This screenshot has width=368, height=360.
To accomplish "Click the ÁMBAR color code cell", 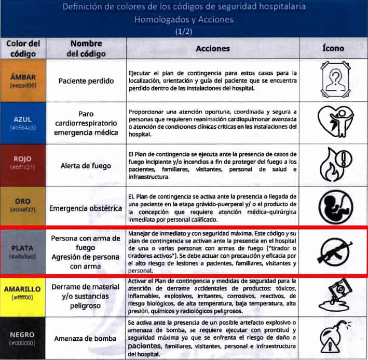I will click(x=22, y=81).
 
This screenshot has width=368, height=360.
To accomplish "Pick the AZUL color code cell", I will click(x=22, y=123).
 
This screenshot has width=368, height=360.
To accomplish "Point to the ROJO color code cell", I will click(x=22, y=165).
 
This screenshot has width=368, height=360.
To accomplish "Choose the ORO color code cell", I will click(x=22, y=206).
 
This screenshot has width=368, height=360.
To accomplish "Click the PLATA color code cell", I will click(x=22, y=251).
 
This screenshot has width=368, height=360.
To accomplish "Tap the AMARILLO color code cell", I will click(x=22, y=294).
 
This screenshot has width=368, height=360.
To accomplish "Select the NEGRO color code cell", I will click(x=22, y=338).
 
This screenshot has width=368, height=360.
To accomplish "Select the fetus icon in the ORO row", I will click(x=335, y=207).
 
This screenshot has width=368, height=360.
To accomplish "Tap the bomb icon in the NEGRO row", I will click(x=335, y=338).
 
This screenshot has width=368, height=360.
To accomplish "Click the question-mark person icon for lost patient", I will click(x=335, y=81).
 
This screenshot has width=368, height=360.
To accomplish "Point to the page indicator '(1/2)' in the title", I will click(x=184, y=31).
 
